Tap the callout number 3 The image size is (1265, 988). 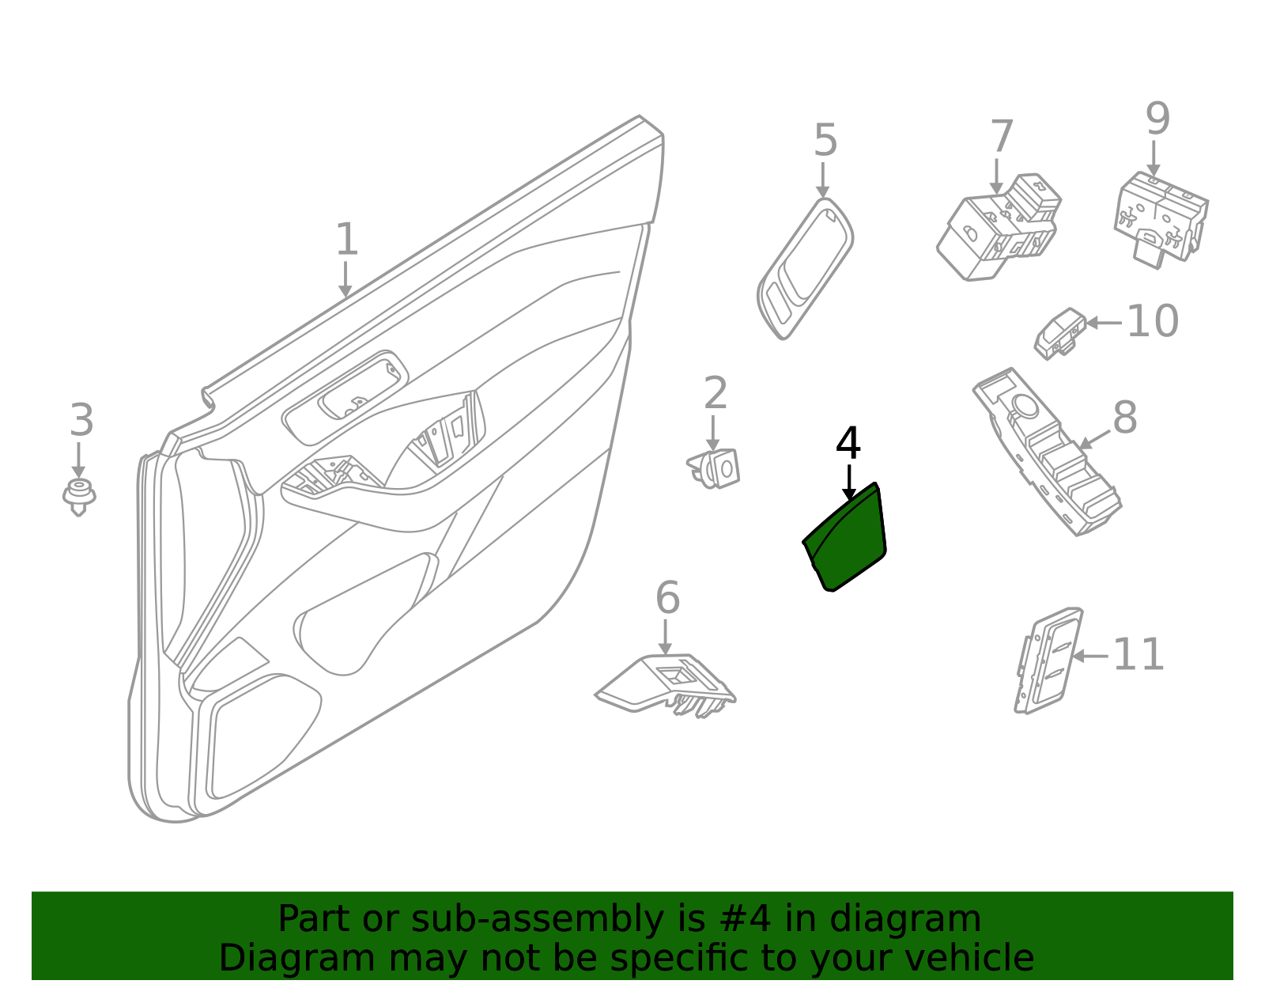click(x=81, y=420)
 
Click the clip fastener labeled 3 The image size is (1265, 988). click(x=79, y=496)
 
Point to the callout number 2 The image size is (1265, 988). click(x=715, y=393)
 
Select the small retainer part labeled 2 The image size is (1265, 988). click(x=716, y=468)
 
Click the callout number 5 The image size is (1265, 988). click(x=825, y=141)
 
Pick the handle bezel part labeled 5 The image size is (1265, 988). click(x=805, y=269)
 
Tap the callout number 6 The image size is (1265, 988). click(x=667, y=598)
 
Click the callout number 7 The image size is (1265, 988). click(x=1001, y=137)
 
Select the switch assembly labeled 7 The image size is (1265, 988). click(x=998, y=229)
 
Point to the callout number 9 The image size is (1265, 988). click(x=1157, y=119)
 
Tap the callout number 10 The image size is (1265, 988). click(x=1152, y=321)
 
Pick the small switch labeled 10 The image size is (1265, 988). click(x=1059, y=332)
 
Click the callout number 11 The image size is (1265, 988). click(x=1138, y=655)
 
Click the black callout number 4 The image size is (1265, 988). click(x=848, y=444)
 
